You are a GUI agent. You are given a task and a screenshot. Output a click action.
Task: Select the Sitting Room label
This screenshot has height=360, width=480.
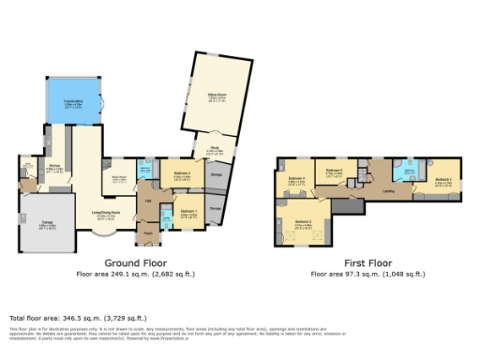coord(217,95)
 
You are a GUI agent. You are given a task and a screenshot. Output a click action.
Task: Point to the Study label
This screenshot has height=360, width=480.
coord(214,148)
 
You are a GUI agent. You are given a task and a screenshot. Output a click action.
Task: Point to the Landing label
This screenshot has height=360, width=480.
coord(388,191)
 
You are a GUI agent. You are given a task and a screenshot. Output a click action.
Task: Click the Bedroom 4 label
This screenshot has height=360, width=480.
coord(296,178)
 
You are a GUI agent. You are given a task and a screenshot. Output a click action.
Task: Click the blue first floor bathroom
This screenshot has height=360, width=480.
coord(409,172)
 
